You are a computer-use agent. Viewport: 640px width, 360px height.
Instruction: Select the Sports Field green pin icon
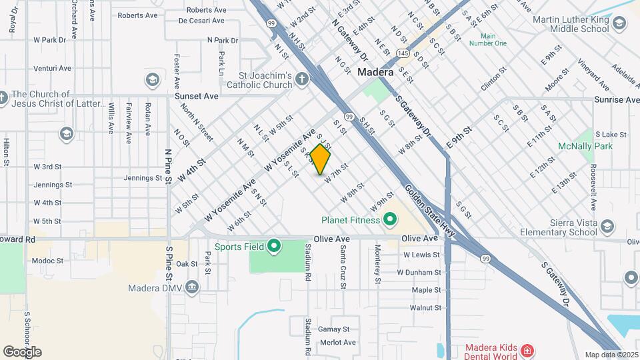pos(274,247)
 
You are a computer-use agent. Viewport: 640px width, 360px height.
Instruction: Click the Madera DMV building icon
pos(192,288)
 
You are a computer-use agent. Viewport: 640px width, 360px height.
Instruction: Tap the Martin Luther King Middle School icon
pos(619,24)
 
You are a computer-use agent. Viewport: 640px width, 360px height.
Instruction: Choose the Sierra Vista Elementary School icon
pos(607,227)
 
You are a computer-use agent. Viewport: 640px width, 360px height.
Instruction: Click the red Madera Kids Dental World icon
pos(527,350)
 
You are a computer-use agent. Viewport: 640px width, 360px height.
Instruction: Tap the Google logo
pos(22,351)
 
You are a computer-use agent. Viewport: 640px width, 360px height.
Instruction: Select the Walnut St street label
pos(425,307)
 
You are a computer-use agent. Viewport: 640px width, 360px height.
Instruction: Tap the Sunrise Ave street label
pos(617,99)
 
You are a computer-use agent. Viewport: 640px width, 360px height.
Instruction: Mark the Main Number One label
pos(488,39)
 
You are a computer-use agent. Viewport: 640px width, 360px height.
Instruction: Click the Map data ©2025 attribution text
pos(611,355)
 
